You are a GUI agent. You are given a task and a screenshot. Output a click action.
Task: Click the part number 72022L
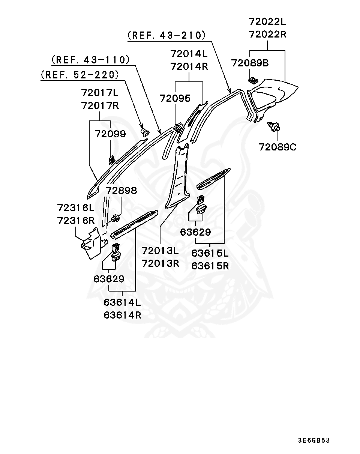pyautogui.click(x=267, y=21)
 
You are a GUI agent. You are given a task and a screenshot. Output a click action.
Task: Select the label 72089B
pyautogui.click(x=250, y=63)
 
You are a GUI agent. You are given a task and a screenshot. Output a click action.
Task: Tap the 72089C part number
pyautogui.click(x=277, y=147)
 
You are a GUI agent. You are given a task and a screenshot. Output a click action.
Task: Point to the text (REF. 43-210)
pyautogui.click(x=166, y=35)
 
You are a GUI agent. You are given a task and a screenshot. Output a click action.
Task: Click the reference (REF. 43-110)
pyautogui.click(x=90, y=60)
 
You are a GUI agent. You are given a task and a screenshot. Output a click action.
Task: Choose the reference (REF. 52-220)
pyautogui.click(x=80, y=75)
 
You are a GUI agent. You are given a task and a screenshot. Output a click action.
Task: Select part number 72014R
pyautogui.click(x=189, y=66)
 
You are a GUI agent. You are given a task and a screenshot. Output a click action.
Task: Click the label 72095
pyautogui.click(x=175, y=98)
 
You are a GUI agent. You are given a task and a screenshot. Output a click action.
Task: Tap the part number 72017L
pyautogui.click(x=100, y=93)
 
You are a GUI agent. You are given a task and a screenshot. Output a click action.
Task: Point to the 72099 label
pyautogui.click(x=110, y=134)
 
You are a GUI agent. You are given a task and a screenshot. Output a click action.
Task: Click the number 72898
pyautogui.click(x=121, y=191)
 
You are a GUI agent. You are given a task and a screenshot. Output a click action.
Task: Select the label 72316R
pyautogui.click(x=76, y=221)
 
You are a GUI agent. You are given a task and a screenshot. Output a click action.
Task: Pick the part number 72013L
pyautogui.click(x=160, y=251)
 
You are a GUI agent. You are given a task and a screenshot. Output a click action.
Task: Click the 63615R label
pyautogui.click(x=210, y=266)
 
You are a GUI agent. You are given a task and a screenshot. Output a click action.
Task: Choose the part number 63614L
pyautogui.click(x=122, y=302)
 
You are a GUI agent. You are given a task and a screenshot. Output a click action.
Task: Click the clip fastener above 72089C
pyautogui.click(x=273, y=126)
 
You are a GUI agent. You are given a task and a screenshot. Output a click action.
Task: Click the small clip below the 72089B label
pyautogui.click(x=252, y=80)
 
